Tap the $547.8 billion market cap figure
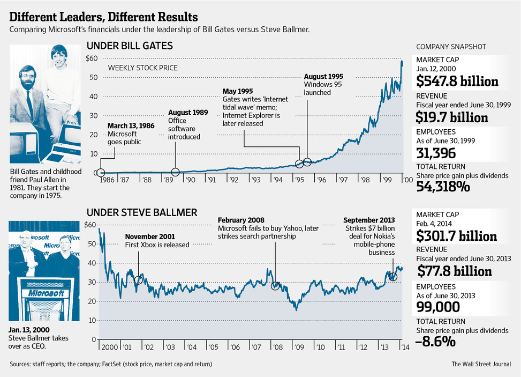click(x=457, y=81)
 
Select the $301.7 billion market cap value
click(x=456, y=235)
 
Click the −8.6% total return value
click(x=436, y=341)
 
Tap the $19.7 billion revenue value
click(x=452, y=117)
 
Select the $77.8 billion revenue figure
click(x=454, y=271)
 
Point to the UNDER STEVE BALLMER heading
click(x=142, y=212)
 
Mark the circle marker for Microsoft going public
click(x=100, y=173)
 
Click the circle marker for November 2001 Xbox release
click(x=139, y=280)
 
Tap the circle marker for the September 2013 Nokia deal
click(x=393, y=277)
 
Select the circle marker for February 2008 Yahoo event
click(x=276, y=286)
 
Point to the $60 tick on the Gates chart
click(x=91, y=58)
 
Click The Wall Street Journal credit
click(x=481, y=365)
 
